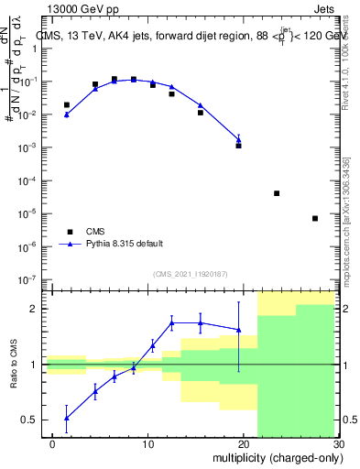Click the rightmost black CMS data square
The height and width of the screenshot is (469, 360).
314,218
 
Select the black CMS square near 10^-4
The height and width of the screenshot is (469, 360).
277,193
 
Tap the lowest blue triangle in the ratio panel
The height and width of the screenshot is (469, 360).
67,418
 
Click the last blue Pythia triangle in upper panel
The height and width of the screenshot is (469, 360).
238,139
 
